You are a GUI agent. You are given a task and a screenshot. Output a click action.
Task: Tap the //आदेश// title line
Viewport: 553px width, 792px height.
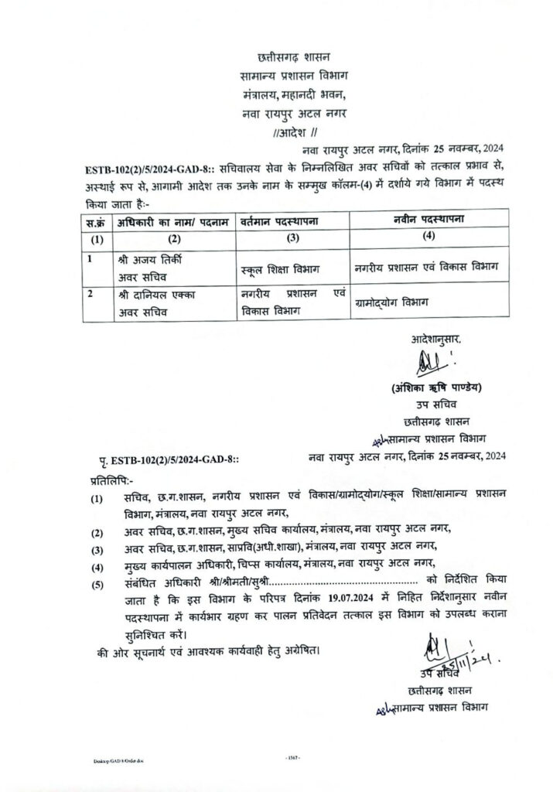tap(292, 132)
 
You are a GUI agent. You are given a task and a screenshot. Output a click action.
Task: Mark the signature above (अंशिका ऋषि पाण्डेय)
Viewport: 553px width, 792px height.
tap(428, 361)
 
